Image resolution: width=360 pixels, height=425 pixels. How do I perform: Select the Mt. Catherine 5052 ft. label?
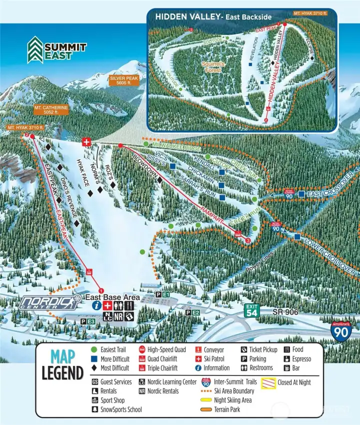[51, 110]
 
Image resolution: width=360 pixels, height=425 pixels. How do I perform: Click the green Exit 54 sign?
[252, 310]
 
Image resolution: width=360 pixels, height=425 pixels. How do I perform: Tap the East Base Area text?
[111, 296]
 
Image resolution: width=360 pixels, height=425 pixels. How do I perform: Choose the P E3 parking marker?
[87, 321]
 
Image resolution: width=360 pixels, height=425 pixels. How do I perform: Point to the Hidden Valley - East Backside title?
[213, 16]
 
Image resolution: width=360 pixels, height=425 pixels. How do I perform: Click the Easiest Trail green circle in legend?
[94, 350]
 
